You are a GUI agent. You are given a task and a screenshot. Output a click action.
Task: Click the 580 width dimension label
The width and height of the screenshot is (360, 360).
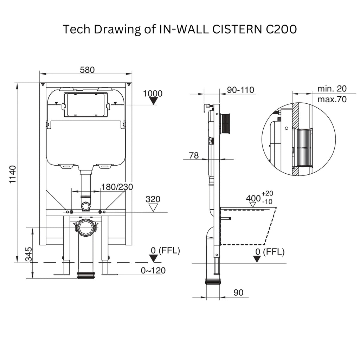point(87,70)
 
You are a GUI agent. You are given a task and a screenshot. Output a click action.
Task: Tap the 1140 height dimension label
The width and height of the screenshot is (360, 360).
point(13,174)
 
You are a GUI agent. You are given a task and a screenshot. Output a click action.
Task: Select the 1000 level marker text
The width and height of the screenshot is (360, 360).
point(153,94)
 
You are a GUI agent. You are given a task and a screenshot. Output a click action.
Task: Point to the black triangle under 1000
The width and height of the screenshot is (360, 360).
point(153,101)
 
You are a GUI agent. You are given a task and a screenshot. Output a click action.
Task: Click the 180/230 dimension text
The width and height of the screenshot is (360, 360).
point(117,187)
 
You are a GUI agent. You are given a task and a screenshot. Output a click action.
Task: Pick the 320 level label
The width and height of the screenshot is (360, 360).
point(153,199)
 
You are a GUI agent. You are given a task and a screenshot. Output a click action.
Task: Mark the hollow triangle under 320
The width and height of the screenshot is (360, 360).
point(153,208)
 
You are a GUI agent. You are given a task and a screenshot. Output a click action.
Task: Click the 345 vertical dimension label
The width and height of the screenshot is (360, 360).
point(28,255)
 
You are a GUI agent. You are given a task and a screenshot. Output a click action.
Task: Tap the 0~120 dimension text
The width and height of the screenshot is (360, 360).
point(153,270)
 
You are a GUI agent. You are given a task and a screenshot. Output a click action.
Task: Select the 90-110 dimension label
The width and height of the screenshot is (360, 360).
point(240,90)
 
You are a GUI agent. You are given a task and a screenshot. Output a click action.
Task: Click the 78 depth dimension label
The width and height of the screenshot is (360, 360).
point(194,156)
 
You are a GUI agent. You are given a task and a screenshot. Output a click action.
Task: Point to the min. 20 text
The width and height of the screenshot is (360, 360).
point(332,89)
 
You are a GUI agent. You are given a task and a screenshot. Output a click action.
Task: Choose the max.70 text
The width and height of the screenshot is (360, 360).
point(332,99)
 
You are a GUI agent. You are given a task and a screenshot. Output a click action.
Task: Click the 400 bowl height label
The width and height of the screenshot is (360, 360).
point(253,198)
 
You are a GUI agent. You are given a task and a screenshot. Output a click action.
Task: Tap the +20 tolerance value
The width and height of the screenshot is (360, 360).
point(267,193)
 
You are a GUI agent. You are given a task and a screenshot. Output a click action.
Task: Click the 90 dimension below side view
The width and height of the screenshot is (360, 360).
point(238,292)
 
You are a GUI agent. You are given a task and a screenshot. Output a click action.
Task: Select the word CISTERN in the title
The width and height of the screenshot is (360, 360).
point(237,29)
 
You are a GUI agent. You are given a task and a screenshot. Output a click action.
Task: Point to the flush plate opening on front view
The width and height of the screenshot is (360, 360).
point(85,105)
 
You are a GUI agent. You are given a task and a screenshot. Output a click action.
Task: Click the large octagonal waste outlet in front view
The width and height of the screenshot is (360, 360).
point(86,228)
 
